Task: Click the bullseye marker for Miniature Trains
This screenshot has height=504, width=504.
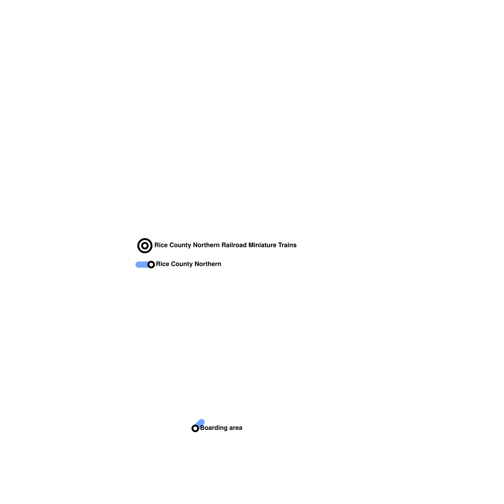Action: pyautogui.click(x=145, y=246)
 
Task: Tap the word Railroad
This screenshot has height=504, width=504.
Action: pyautogui.click(x=234, y=245)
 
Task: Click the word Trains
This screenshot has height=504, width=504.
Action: pyautogui.click(x=287, y=245)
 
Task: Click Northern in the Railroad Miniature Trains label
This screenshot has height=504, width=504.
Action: pyautogui.click(x=206, y=245)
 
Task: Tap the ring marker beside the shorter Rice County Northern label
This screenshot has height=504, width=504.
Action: pyautogui.click(x=151, y=265)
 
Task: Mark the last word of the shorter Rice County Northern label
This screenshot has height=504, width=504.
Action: pyautogui.click(x=208, y=264)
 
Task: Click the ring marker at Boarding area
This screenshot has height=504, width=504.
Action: pyautogui.click(x=195, y=428)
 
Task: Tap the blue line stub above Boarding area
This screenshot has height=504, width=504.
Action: pyautogui.click(x=200, y=422)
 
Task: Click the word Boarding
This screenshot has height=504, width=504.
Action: pyautogui.click(x=214, y=428)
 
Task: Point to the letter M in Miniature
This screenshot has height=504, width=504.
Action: pyautogui.click(x=251, y=245)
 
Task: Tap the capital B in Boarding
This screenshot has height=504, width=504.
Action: pyautogui.click(x=202, y=428)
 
